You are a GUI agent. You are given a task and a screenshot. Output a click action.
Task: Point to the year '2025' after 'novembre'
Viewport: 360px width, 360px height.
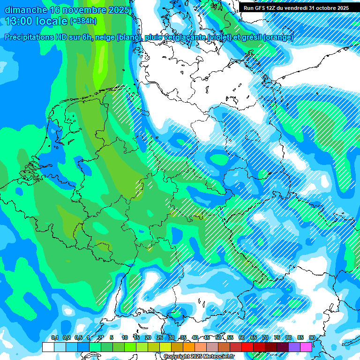[x=119, y=10]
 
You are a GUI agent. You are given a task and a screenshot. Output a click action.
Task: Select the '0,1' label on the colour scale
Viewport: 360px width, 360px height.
[x=54, y=338]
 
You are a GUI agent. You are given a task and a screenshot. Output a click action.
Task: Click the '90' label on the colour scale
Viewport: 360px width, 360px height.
[x=312, y=338]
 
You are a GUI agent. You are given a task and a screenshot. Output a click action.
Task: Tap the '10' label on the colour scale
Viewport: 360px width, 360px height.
[x=125, y=338]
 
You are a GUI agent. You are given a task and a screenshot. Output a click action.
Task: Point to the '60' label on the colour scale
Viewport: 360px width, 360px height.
[x=241, y=338]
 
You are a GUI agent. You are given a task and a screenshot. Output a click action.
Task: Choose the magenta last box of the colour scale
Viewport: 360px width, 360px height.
[x=306, y=347]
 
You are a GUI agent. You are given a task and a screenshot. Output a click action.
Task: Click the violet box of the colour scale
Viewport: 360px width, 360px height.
[x=294, y=347]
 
